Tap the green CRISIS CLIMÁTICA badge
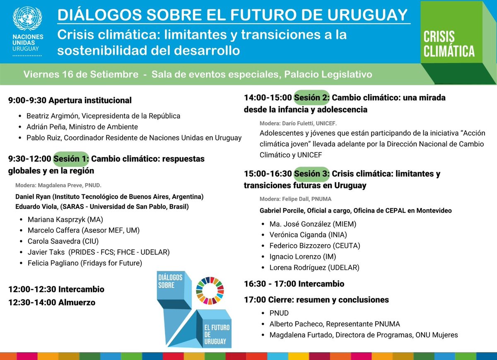[449, 43]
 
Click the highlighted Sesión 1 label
[70, 159]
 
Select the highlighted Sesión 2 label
[311, 98]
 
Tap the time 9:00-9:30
[27, 100]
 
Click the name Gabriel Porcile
[282, 210]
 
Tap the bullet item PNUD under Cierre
[279, 313]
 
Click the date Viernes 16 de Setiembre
[81, 75]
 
